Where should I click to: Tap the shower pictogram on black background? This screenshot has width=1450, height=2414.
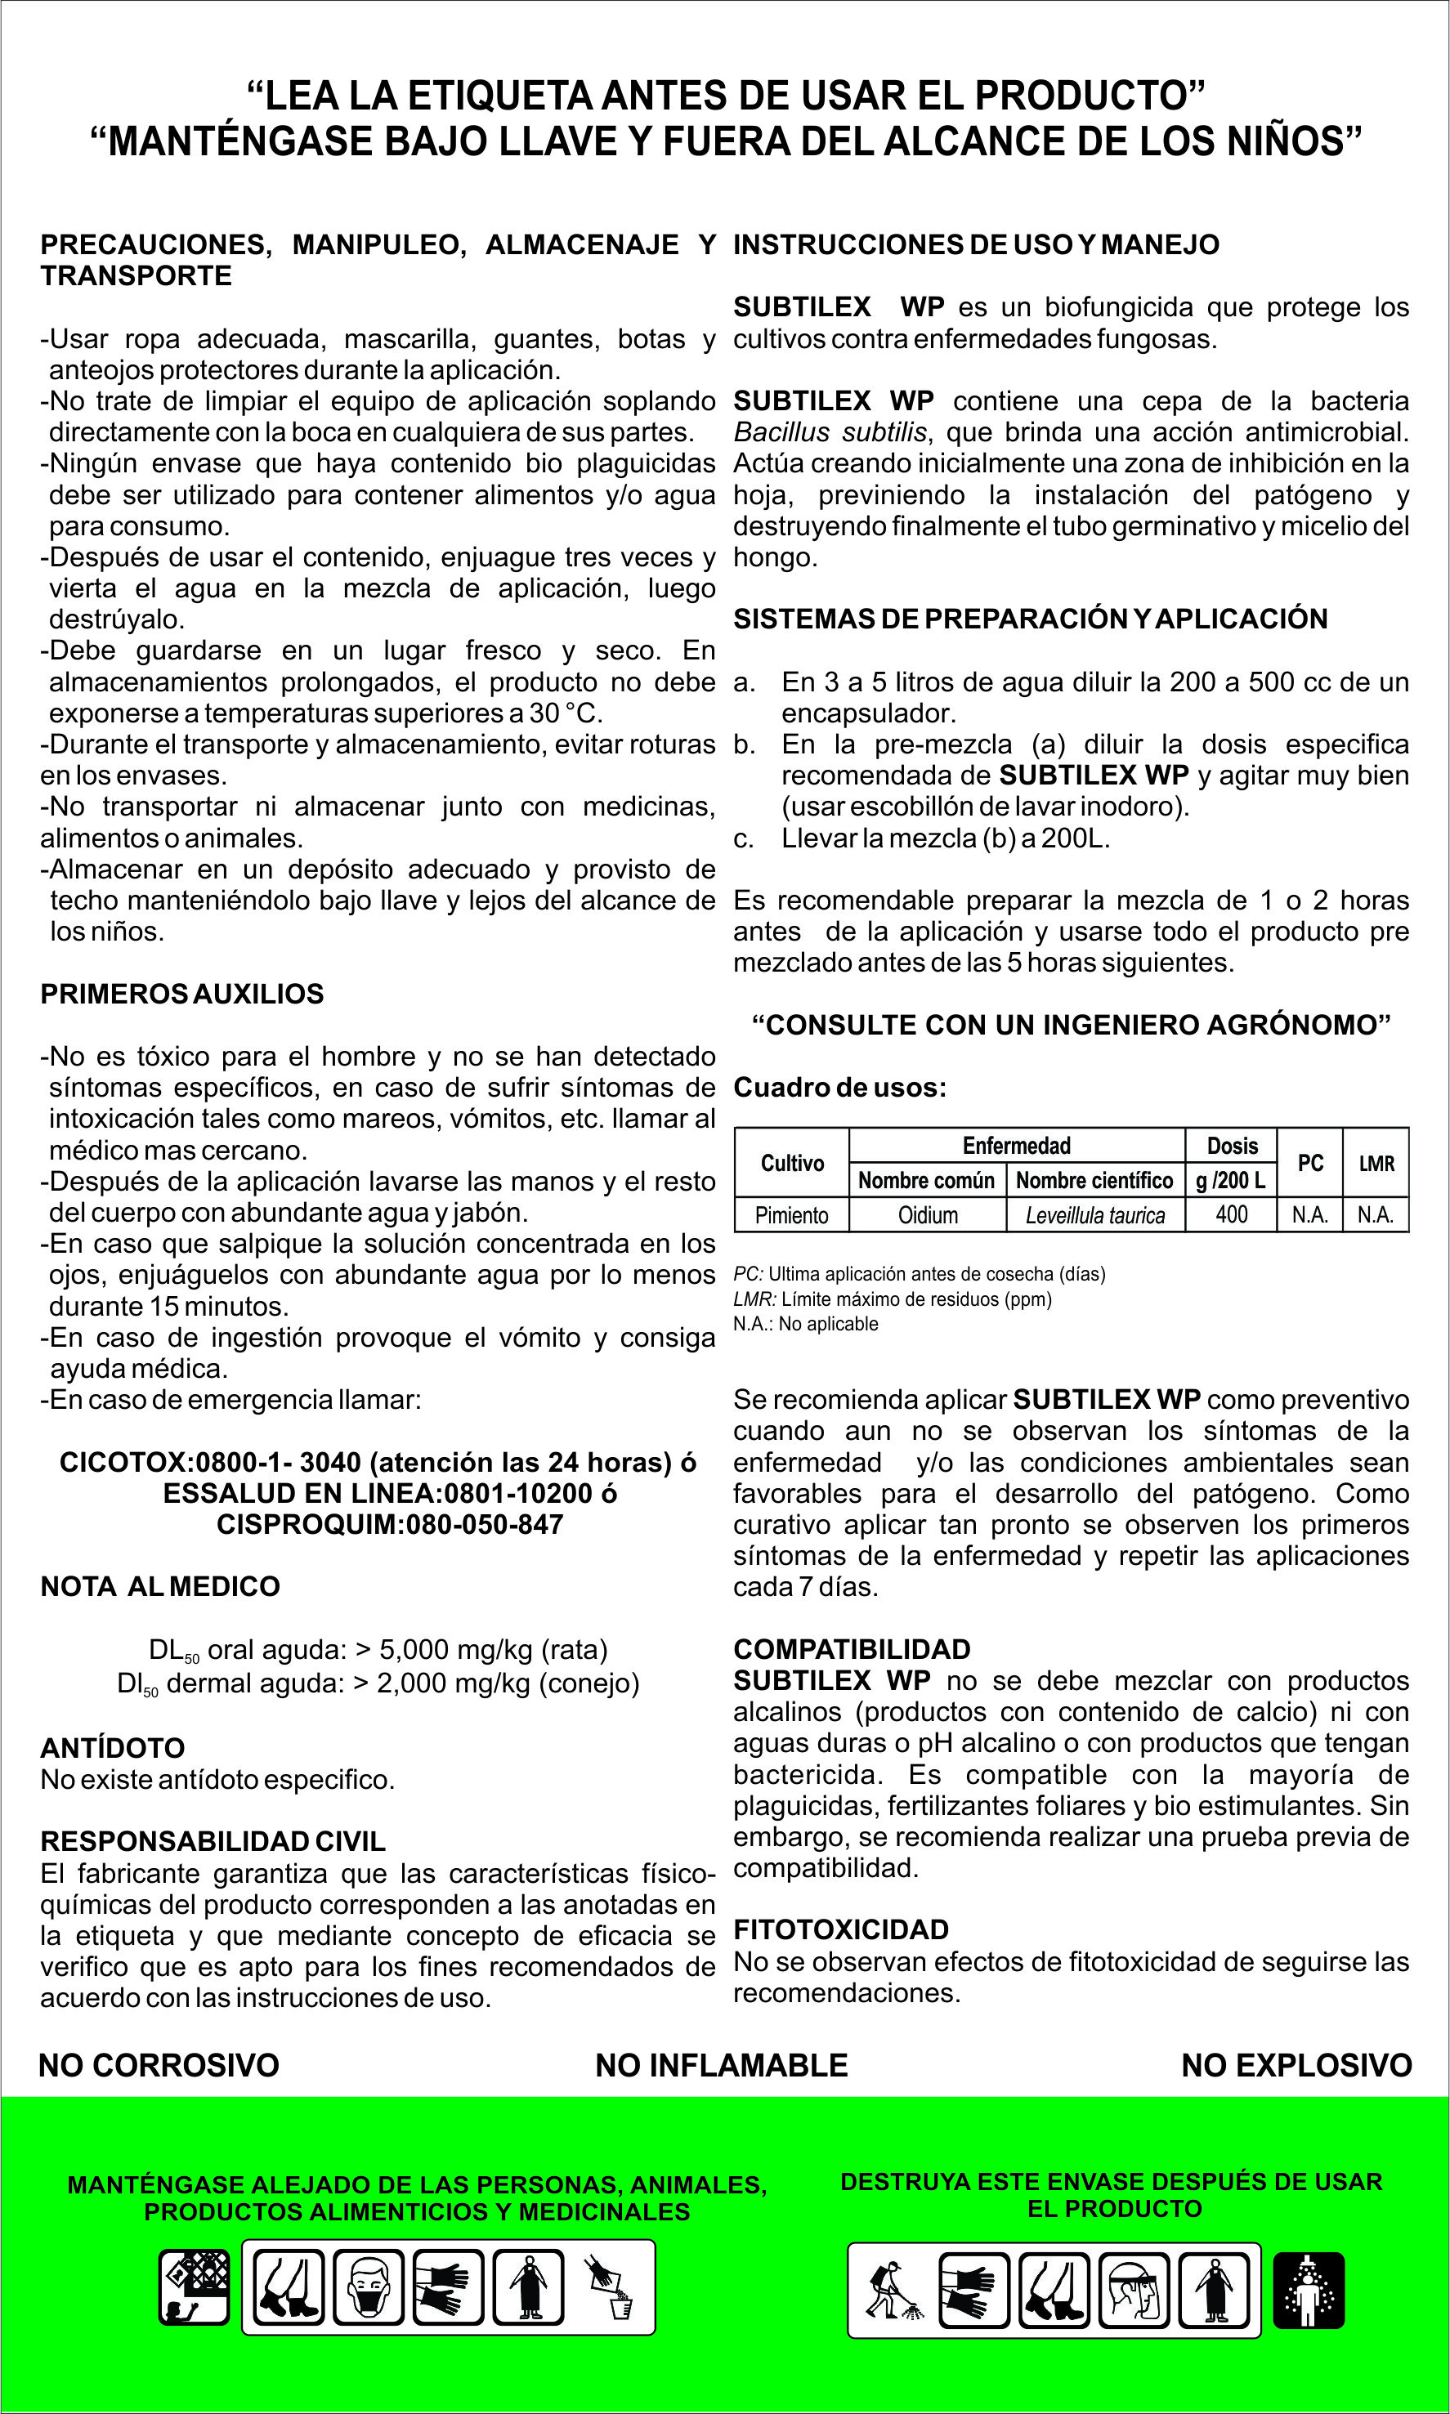point(1309,2290)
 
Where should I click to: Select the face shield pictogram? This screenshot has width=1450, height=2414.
point(1134,2290)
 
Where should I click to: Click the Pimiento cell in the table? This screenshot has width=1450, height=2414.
point(791,1214)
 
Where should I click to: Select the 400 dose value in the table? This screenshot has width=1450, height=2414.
point(1231,1214)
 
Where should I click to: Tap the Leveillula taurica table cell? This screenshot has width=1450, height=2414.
point(1095,1214)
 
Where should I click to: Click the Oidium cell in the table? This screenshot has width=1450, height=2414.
point(927,1214)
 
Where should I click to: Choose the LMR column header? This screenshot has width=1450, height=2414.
point(1376,1163)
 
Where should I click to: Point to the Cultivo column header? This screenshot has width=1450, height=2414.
point(791,1163)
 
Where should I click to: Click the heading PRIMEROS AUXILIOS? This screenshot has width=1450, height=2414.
point(181,994)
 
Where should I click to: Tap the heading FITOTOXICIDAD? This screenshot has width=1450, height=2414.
point(841,1929)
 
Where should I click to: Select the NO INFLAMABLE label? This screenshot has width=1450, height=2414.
point(721,2065)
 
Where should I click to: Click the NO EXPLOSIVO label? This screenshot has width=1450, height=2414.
point(1296,2065)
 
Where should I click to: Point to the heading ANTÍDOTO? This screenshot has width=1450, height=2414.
point(112,1748)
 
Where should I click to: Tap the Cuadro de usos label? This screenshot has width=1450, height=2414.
point(839,1088)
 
